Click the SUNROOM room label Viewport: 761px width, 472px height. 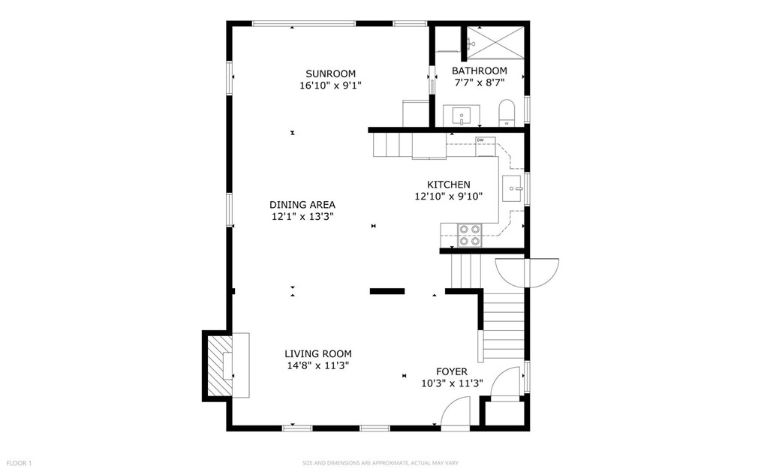tap(330, 74)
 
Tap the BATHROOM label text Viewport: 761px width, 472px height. tap(479, 71)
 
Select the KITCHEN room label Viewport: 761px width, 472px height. tap(449, 185)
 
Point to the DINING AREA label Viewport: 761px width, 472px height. tap(302, 204)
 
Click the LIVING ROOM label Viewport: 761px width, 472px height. tap(317, 353)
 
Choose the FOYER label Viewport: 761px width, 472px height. tap(452, 371)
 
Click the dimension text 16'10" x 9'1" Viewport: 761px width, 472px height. tap(330, 86)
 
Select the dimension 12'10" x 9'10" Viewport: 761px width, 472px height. tap(449, 197)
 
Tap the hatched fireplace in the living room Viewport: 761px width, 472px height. tap(218, 365)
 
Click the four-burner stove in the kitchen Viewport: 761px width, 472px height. tap(470, 236)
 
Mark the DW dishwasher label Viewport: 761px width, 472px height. tap(480, 140)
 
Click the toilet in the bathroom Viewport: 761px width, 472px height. tap(507, 113)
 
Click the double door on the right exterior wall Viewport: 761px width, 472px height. tap(528, 272)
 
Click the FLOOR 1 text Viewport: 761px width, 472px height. tap(20, 463)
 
